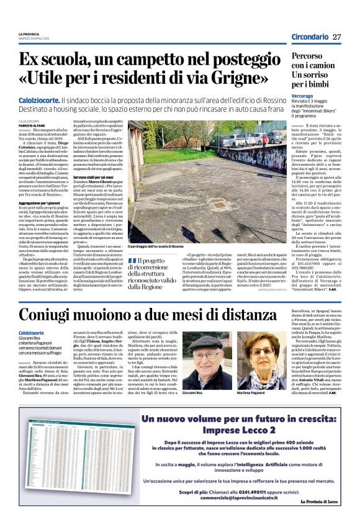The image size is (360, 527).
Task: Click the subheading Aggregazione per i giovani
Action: (43, 203)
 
